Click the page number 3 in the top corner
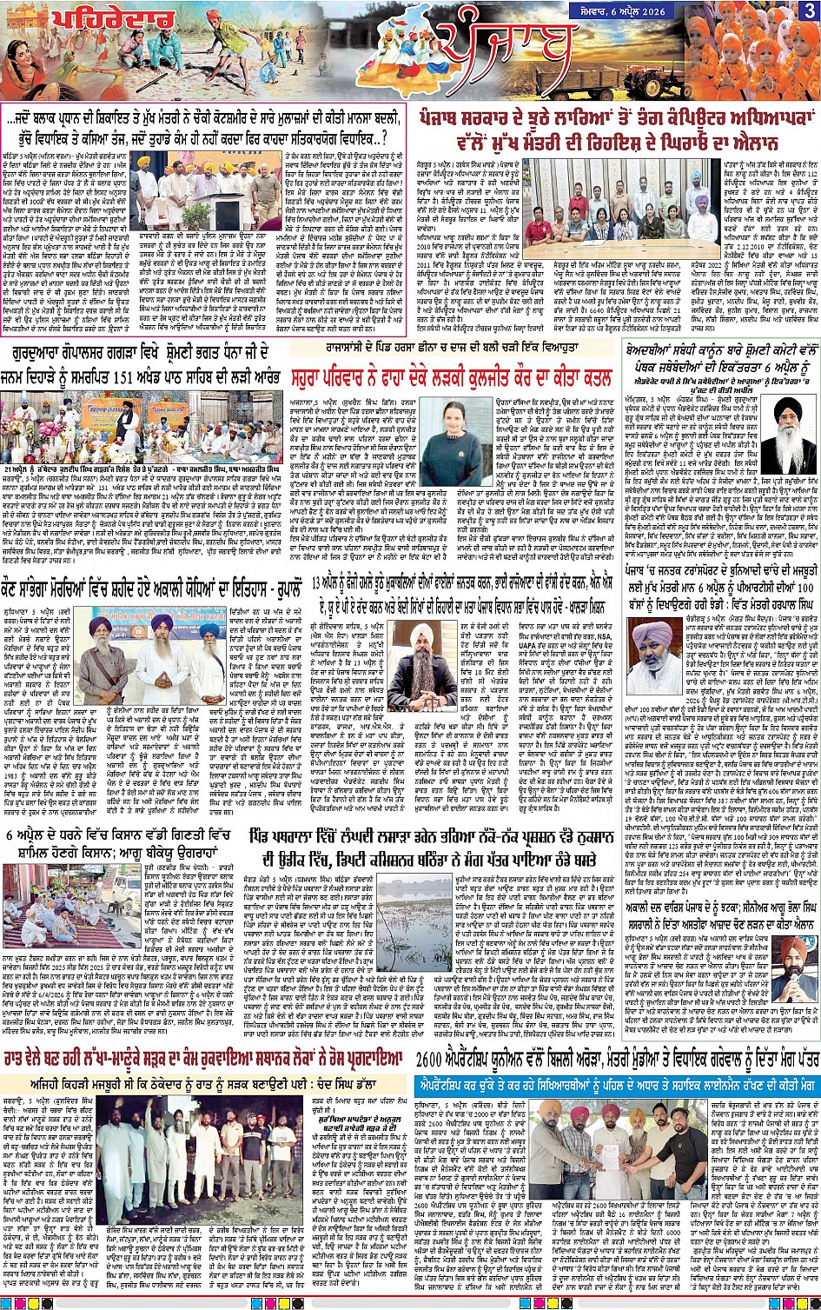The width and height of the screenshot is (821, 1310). [x=809, y=10]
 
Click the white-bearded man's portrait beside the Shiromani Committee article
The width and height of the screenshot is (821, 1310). [x=787, y=435]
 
